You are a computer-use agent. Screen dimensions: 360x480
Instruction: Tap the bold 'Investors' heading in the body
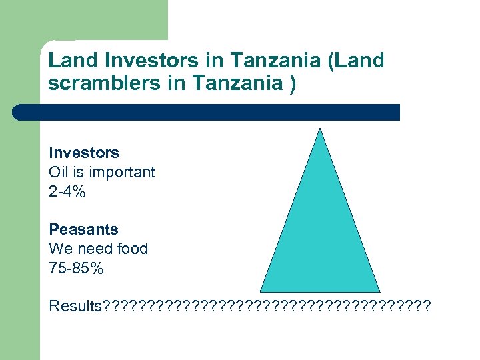click(x=84, y=153)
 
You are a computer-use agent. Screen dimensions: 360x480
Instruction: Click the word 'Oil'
click(x=58, y=172)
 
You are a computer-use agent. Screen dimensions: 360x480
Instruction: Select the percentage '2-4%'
click(x=67, y=192)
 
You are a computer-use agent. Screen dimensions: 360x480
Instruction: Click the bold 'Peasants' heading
click(x=83, y=229)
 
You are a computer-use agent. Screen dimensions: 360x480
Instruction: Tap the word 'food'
click(x=132, y=249)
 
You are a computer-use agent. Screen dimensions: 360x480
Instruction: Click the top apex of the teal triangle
click(x=321, y=129)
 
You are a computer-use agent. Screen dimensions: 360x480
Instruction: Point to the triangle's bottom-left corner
click(x=261, y=291)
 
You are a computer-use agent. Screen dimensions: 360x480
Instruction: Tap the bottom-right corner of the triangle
click(x=379, y=291)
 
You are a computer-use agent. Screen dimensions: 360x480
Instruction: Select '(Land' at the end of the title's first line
click(x=357, y=61)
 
